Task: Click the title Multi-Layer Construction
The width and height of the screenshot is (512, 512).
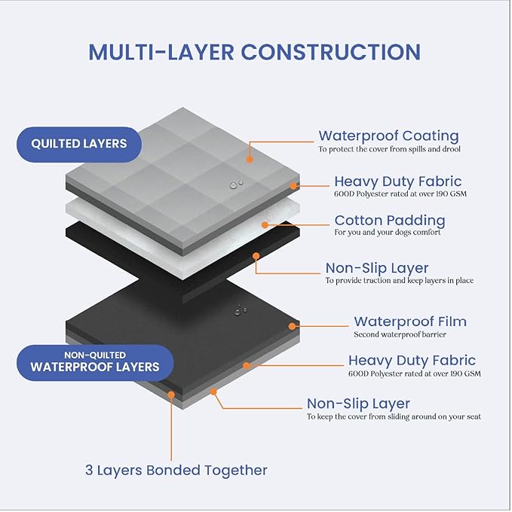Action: (255, 52)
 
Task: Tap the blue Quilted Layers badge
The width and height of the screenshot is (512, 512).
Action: (79, 143)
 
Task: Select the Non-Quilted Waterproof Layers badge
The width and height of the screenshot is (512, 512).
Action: (94, 362)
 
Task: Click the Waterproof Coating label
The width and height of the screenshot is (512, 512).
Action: (388, 136)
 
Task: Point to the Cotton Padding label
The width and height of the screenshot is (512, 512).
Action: (390, 221)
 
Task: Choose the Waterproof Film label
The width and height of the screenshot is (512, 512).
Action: (410, 322)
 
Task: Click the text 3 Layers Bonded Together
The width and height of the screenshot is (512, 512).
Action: (176, 471)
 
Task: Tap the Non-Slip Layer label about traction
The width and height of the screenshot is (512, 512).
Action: (377, 268)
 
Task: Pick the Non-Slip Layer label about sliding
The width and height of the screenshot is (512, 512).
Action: (358, 404)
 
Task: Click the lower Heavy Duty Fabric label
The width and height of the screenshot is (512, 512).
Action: (412, 361)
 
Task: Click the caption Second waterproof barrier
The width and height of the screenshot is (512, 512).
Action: (400, 334)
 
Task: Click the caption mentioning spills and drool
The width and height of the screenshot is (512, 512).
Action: (388, 149)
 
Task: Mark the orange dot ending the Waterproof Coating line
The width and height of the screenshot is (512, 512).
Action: (250, 159)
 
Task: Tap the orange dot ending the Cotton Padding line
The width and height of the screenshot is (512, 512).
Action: (264, 224)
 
